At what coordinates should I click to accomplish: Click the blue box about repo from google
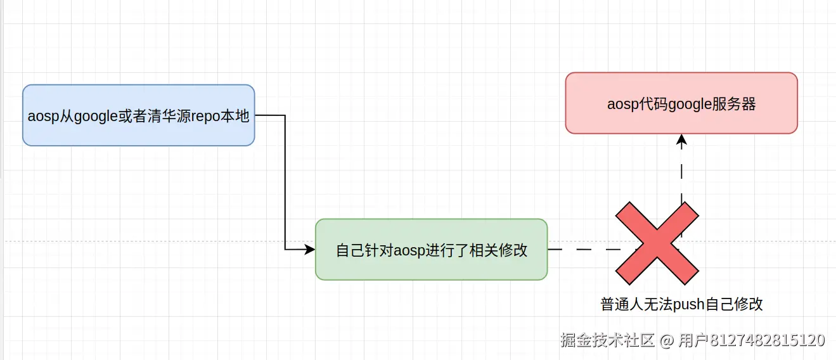tap(138, 115)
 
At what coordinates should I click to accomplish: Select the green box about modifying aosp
tap(431, 249)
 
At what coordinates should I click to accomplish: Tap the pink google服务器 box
tap(681, 103)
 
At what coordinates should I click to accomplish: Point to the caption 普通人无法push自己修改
tap(681, 305)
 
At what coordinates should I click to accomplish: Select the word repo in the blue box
tap(205, 117)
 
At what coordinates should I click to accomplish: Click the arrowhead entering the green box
tap(309, 249)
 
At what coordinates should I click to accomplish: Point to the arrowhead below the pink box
tap(681, 141)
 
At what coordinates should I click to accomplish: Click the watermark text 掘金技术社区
tap(607, 340)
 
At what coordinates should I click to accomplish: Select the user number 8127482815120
tap(767, 340)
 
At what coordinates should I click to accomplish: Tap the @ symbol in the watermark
tap(666, 340)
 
